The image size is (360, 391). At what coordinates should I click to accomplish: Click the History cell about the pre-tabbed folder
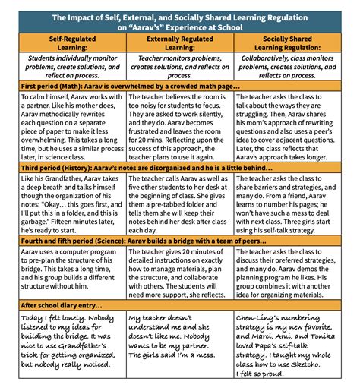pos(180,224)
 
